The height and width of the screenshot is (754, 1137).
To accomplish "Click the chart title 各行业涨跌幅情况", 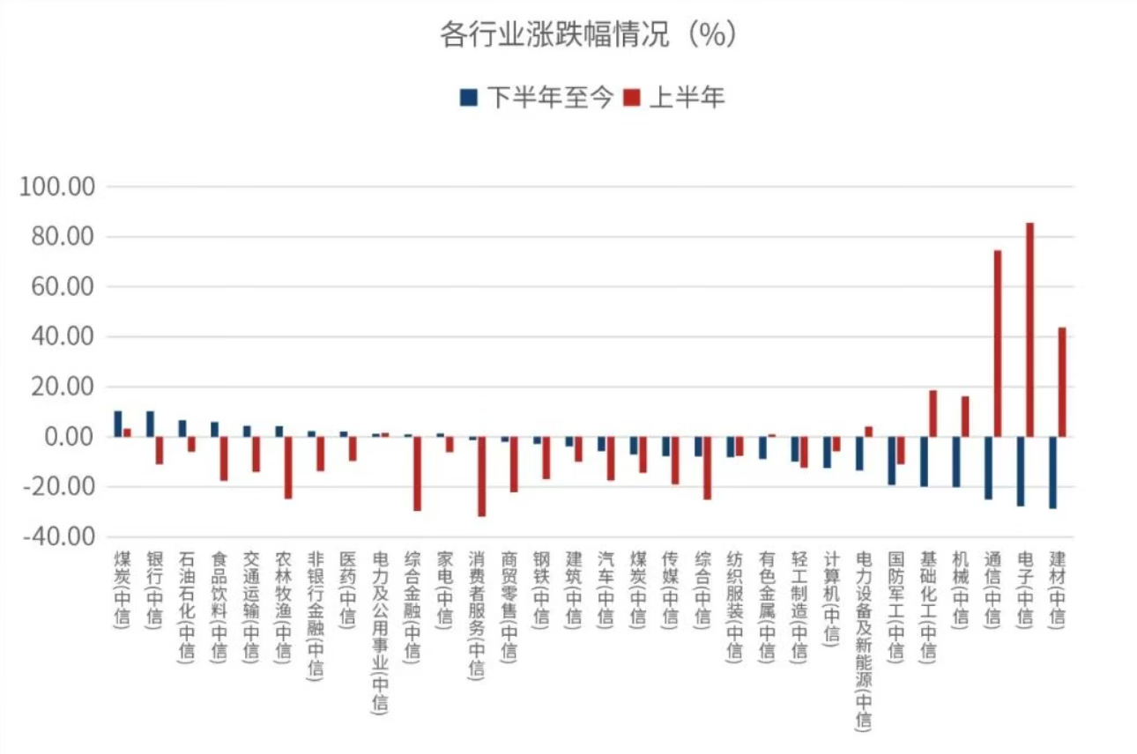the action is coord(554,34).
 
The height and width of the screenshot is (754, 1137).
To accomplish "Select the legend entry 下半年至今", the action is coord(537,97).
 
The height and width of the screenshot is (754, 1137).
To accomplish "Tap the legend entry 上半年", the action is coord(674,97).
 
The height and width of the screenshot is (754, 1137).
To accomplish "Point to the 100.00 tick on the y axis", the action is coord(56,187).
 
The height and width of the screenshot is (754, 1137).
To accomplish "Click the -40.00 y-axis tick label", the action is coord(59,536).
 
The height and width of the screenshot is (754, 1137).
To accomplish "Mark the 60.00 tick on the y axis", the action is coord(63,286).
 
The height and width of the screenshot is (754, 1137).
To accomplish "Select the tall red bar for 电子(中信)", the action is coord(1029,329).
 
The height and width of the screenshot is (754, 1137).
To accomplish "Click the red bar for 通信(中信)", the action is coord(998,344).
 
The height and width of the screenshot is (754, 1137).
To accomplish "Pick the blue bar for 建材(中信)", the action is coord(1052,472).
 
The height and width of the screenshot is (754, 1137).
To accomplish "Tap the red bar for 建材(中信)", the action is coord(1062,382).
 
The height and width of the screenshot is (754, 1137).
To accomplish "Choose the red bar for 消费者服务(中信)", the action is coord(482,477).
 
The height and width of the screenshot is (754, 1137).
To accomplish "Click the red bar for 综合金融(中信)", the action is coord(417,473).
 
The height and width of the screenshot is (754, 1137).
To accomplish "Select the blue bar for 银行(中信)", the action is coord(150,425).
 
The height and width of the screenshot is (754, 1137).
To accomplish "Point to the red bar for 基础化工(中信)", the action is coord(933,413).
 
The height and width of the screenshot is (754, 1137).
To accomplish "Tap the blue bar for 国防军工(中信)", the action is coord(891,461).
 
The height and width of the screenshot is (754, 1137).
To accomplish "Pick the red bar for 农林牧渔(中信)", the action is coord(288,468).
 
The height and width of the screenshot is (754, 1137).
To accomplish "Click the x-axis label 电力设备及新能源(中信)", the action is coord(864,640).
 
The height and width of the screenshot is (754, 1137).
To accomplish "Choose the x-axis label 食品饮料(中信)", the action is coord(219,607).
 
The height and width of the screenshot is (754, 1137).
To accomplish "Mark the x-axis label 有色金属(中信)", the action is coord(767,607).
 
